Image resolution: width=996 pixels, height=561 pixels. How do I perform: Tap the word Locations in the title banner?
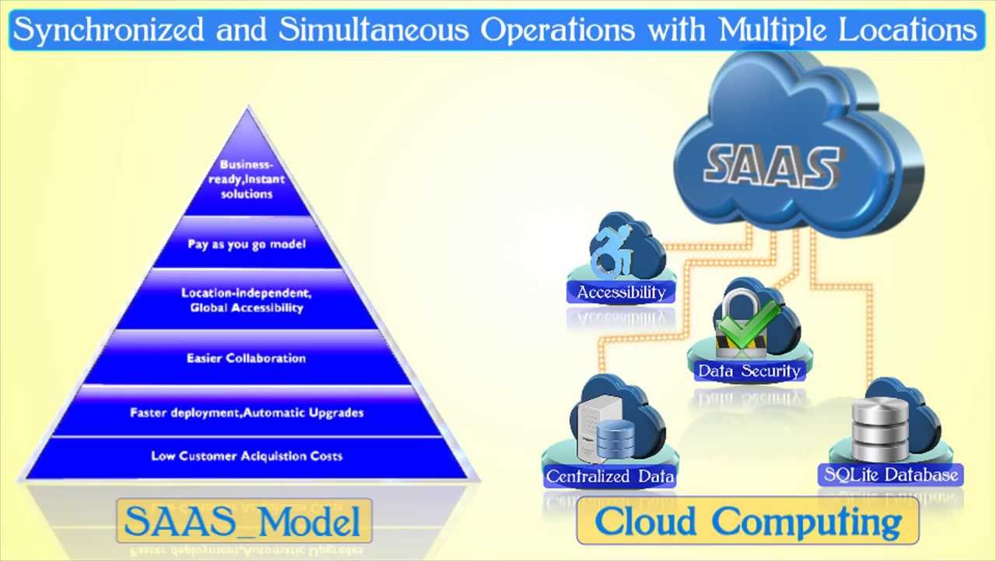[907, 30]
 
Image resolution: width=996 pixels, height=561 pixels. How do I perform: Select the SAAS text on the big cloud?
[771, 167]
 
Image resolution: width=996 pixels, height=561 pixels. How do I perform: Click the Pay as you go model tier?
[247, 243]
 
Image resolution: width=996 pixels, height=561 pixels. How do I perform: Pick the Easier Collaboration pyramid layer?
[247, 358]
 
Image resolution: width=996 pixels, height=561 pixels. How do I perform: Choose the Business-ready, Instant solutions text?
[247, 179]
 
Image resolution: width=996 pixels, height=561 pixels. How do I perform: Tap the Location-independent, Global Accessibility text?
[247, 300]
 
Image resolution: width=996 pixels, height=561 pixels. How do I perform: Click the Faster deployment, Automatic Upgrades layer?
[247, 412]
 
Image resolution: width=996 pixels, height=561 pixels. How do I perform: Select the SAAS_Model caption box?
[244, 520]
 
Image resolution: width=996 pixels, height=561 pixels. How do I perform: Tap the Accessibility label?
[621, 292]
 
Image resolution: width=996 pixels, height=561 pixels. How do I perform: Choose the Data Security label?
[749, 371]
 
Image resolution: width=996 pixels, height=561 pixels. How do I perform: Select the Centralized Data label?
[610, 476]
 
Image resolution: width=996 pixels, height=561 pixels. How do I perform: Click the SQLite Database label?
[891, 475]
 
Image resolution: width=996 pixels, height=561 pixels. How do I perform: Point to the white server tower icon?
[595, 428]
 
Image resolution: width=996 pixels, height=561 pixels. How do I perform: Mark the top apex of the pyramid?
[248, 107]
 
